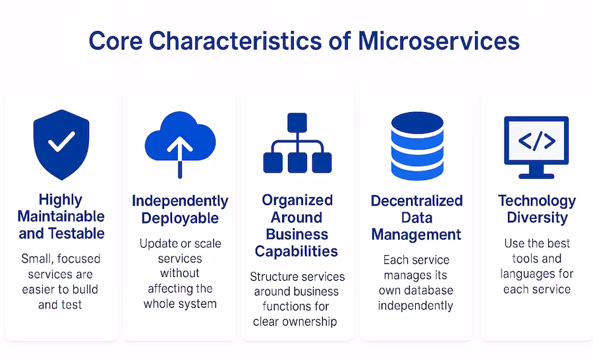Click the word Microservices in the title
(x=439, y=40)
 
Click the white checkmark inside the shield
(x=61, y=140)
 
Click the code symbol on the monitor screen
(x=537, y=141)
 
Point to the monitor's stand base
(x=536, y=175)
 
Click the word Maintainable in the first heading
(x=61, y=216)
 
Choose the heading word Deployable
(x=180, y=218)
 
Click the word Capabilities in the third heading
(x=296, y=251)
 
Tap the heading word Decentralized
(x=417, y=200)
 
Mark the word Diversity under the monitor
(x=536, y=218)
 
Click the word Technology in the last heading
(x=537, y=200)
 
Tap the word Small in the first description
(x=36, y=258)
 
